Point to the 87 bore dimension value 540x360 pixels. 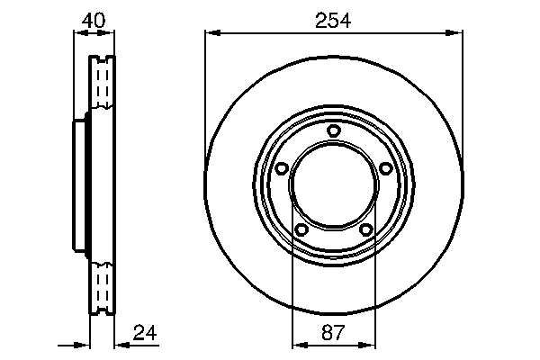(x=333, y=332)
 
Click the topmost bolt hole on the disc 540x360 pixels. (x=333, y=131)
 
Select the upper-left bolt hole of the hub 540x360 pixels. (x=281, y=168)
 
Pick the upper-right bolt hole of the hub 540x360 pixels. (x=385, y=168)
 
